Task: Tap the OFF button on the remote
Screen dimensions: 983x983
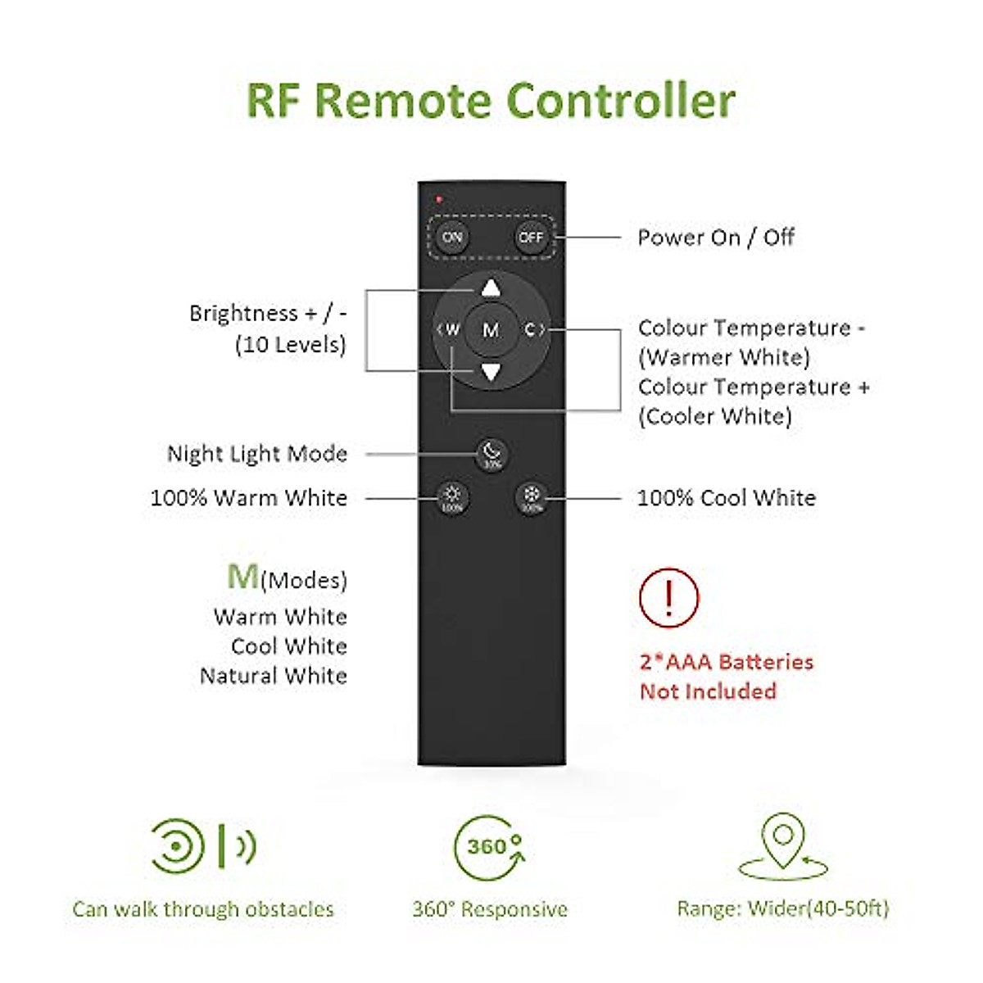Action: pos(531,238)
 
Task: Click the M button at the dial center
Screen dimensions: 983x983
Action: pos(491,330)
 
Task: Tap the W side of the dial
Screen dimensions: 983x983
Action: pos(449,330)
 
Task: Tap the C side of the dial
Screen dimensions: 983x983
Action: pos(532,330)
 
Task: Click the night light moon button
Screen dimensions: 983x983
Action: pos(491,453)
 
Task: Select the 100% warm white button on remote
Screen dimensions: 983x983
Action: pos(452,497)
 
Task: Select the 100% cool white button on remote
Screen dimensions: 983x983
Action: pos(532,497)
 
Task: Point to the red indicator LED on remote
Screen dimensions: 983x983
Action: pos(439,199)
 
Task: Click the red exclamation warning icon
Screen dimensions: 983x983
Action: pos(669,598)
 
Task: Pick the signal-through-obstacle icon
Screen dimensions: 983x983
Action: pos(203,845)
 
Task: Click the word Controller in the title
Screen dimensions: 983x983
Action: pos(620,102)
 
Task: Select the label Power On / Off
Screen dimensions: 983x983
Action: pos(716,238)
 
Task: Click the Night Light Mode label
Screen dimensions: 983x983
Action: pos(257,454)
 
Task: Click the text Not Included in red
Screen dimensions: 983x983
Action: pos(708,691)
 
